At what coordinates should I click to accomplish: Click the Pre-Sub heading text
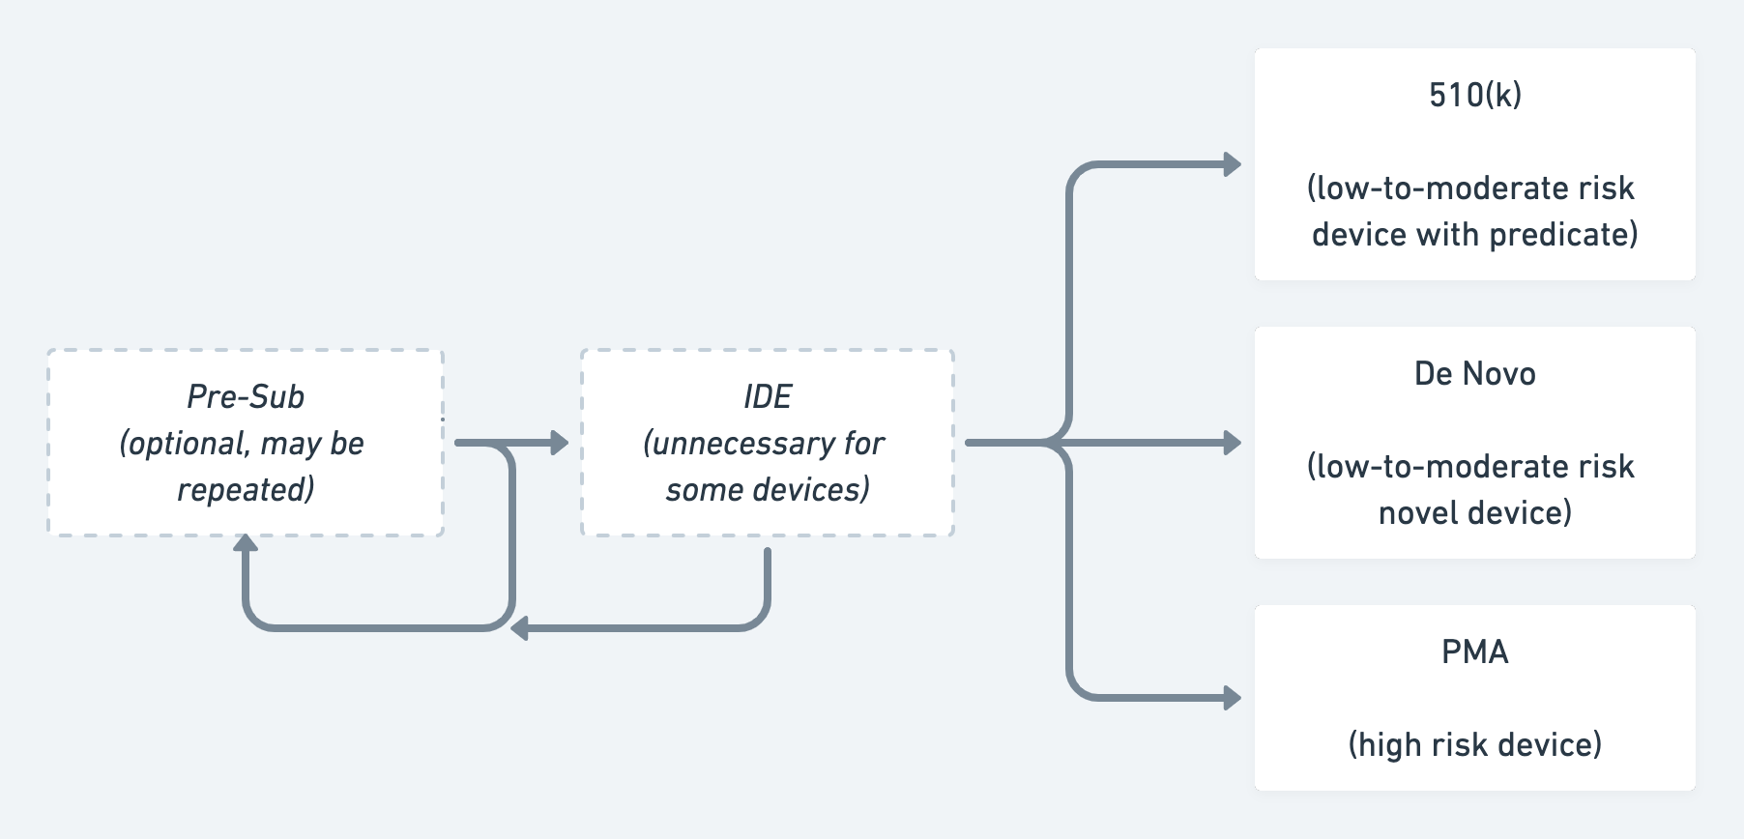point(246,396)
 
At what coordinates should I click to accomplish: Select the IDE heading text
point(768,396)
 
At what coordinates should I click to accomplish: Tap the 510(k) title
point(1474,95)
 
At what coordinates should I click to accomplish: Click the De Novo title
point(1474,373)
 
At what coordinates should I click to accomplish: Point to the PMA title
point(1474,651)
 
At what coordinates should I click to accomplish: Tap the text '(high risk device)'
point(1474,744)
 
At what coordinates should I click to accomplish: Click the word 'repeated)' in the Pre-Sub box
point(246,489)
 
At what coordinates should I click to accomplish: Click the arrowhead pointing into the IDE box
point(560,443)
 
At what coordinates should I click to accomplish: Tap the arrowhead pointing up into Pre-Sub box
point(246,543)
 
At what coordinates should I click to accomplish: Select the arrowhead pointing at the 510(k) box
point(1233,164)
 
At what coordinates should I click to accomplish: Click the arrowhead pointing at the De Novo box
point(1233,443)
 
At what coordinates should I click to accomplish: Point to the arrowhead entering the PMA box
point(1233,697)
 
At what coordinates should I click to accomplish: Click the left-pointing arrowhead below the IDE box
point(519,628)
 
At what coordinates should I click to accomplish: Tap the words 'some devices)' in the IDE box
point(768,489)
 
